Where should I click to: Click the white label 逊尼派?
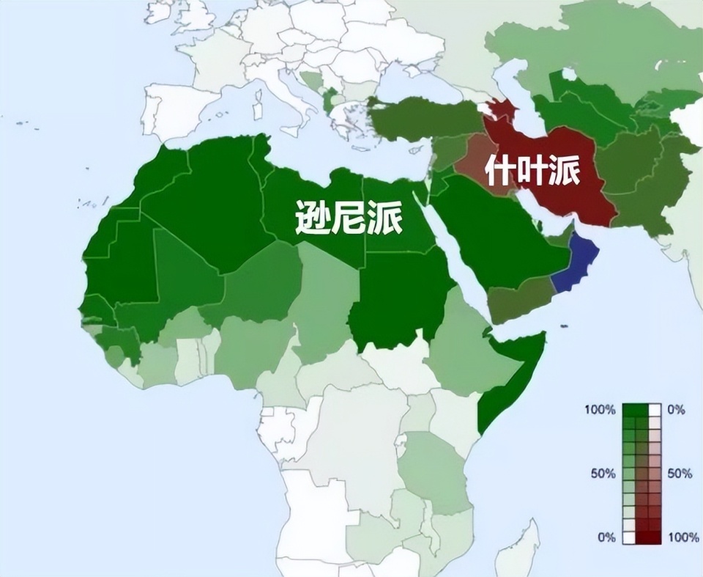point(349,217)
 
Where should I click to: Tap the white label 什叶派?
point(533,171)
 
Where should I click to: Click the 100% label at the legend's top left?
point(600,410)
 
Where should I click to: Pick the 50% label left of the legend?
point(603,474)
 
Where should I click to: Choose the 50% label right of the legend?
point(680,474)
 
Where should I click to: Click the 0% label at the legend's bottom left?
point(606,537)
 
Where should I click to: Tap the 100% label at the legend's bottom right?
point(683,537)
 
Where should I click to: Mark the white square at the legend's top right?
point(655,410)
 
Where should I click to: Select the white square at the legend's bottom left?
point(628,537)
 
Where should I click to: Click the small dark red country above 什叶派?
point(502,111)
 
